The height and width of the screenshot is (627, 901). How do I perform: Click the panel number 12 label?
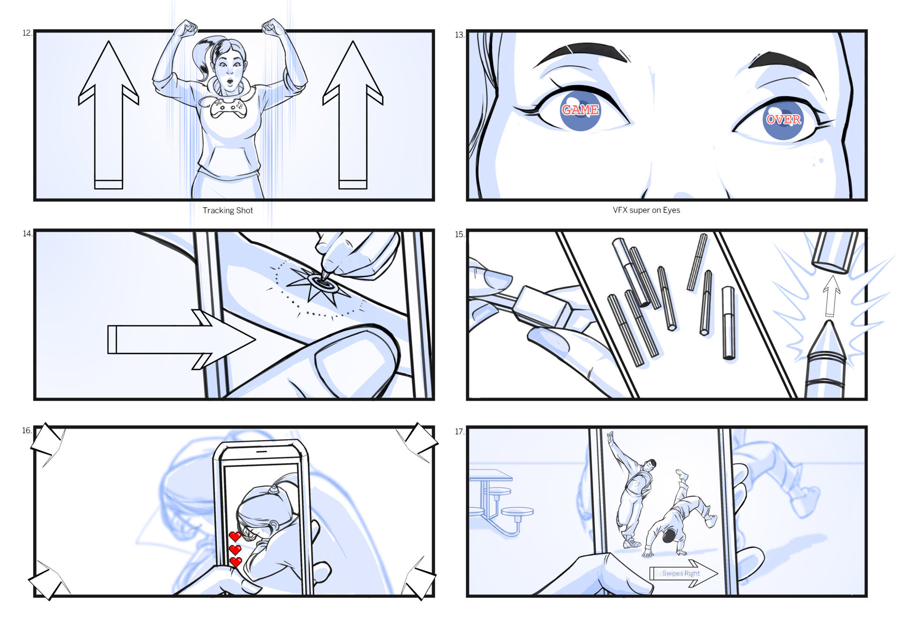pos(27,33)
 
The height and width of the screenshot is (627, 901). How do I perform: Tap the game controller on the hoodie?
pos(227,108)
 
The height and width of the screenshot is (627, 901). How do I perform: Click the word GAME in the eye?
pos(580,110)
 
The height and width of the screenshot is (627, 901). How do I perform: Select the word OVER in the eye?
pos(783,119)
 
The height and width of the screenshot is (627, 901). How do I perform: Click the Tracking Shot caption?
pos(228,210)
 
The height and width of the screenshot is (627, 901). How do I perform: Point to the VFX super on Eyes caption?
pos(646,210)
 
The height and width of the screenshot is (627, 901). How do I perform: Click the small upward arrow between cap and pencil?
pos(831,295)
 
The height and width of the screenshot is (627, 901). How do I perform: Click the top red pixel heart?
pos(235,536)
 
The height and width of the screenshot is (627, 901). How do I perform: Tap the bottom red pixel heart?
pos(236,562)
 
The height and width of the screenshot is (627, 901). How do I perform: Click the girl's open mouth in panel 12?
pos(230,83)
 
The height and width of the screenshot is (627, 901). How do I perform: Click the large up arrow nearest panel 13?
pos(353,115)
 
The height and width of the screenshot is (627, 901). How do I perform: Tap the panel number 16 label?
pos(26,430)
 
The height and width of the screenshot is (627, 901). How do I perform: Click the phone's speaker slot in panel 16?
pos(261,451)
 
